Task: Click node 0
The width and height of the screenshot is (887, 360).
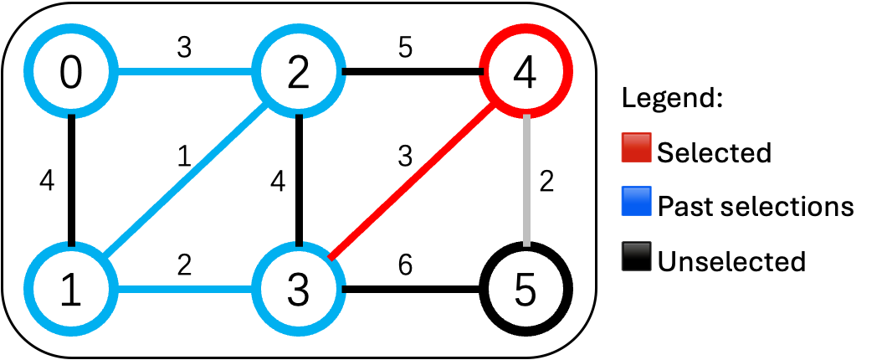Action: [72, 74]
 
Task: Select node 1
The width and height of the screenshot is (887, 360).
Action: [72, 290]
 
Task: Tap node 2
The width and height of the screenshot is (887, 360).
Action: [298, 74]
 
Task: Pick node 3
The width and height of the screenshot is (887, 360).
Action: [298, 290]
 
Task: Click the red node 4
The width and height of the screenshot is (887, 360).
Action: [525, 74]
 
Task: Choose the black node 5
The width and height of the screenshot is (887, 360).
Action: [525, 290]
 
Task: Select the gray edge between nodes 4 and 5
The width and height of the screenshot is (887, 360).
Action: [526, 180]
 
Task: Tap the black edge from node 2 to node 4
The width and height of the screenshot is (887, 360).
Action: [412, 73]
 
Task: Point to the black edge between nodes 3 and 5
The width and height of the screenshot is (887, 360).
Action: [412, 291]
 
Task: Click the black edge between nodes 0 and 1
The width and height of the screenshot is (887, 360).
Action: [72, 180]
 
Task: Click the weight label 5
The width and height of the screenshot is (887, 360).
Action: [405, 48]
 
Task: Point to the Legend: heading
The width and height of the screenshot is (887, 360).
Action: [672, 99]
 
